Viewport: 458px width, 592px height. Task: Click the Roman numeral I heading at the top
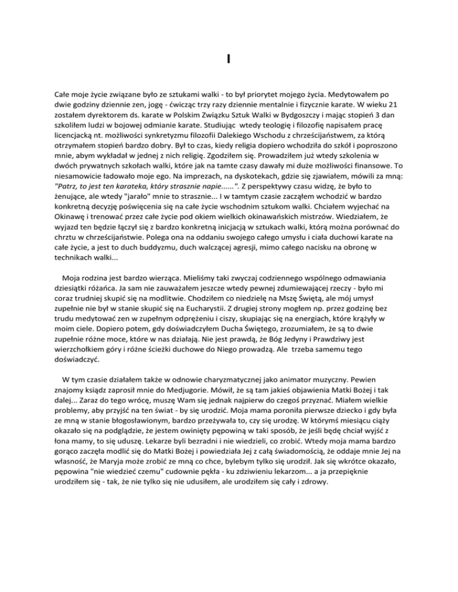point(229,58)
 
